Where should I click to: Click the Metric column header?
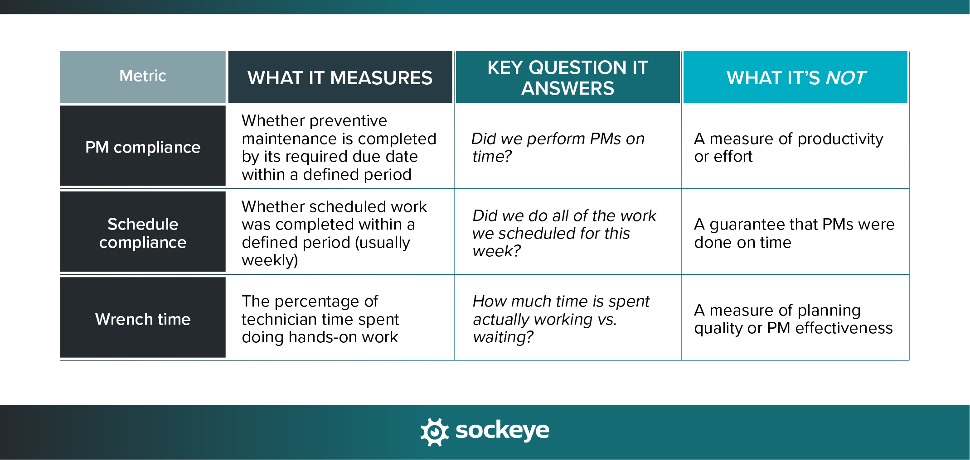143,76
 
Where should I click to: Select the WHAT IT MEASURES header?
340,78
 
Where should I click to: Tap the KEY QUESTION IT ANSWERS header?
567,78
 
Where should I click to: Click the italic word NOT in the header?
846,78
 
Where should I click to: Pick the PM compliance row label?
143,147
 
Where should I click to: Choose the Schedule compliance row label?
143,233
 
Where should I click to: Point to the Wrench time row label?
143,319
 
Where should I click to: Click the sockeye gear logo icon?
434,431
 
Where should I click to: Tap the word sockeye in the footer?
502,430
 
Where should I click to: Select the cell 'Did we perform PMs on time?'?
558,147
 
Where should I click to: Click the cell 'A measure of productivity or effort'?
788,147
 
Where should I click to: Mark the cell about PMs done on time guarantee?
794,233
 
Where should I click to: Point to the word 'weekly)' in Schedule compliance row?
270,261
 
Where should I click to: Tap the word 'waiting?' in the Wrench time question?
503,337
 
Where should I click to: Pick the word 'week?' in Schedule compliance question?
496,251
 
